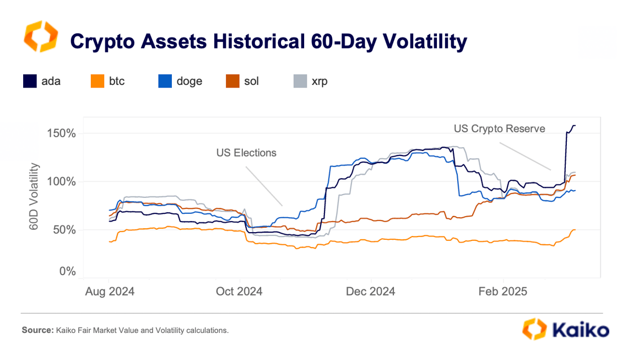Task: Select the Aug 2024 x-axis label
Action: (109, 292)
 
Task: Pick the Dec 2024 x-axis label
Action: (371, 292)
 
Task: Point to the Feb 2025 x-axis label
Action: (502, 292)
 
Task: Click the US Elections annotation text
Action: (246, 153)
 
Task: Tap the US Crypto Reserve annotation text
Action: (499, 128)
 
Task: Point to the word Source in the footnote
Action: (36, 330)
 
